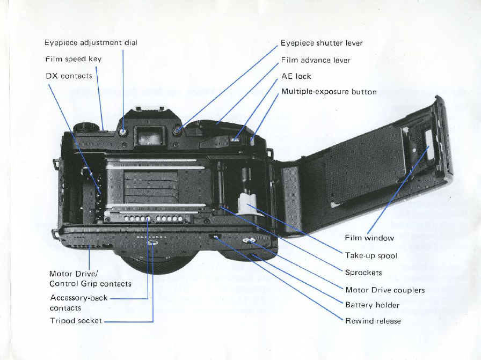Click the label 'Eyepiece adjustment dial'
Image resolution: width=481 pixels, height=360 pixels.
tap(91, 42)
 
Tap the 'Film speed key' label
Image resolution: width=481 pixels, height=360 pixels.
tap(74, 59)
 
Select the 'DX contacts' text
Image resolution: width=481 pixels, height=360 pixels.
tap(69, 76)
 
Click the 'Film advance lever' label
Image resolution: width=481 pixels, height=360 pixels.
tap(316, 60)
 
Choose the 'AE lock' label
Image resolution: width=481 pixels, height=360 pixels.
tap(296, 76)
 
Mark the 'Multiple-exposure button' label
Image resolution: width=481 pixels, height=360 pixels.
tap(329, 92)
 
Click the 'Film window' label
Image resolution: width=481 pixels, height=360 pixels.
tap(369, 238)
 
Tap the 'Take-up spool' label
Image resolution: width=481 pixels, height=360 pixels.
tap(371, 256)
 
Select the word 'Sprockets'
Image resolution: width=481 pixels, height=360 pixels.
tap(363, 273)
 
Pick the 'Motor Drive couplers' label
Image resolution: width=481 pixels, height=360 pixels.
tap(385, 290)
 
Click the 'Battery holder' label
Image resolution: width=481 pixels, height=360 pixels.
tap(372, 305)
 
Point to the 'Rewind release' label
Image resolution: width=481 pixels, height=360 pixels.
tap(373, 321)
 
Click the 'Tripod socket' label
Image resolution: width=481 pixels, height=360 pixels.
tap(76, 321)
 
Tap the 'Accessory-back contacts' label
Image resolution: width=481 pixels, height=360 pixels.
tap(79, 303)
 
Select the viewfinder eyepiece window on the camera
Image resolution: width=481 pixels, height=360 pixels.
tap(148, 136)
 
